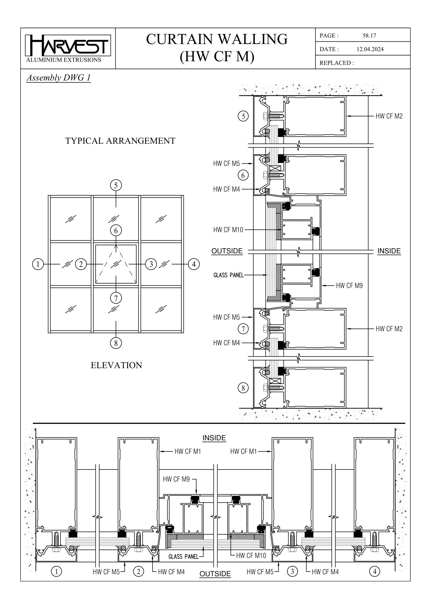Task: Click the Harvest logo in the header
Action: pyautogui.click(x=68, y=46)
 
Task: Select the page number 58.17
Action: pyautogui.click(x=369, y=36)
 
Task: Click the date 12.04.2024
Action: pyautogui.click(x=370, y=49)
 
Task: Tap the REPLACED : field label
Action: pyautogui.click(x=336, y=63)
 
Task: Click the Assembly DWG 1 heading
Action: pyautogui.click(x=59, y=78)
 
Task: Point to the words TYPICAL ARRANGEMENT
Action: pyautogui.click(x=120, y=141)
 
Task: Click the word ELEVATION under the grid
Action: pyautogui.click(x=116, y=365)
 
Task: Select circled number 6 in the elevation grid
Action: pyautogui.click(x=116, y=230)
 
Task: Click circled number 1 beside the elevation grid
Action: pyautogui.click(x=38, y=264)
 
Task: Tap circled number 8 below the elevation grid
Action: pyautogui.click(x=116, y=343)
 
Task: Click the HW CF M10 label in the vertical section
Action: pyautogui.click(x=228, y=230)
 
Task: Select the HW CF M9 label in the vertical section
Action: pyautogui.click(x=349, y=286)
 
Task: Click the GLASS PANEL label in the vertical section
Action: pyautogui.click(x=228, y=275)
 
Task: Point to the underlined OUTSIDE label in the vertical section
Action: pyautogui.click(x=227, y=251)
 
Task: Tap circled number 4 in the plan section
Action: pyautogui.click(x=375, y=579)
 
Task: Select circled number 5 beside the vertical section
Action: pyautogui.click(x=243, y=116)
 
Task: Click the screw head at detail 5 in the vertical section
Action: pyautogui.click(x=265, y=116)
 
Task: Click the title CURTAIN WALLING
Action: pyautogui.click(x=217, y=39)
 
